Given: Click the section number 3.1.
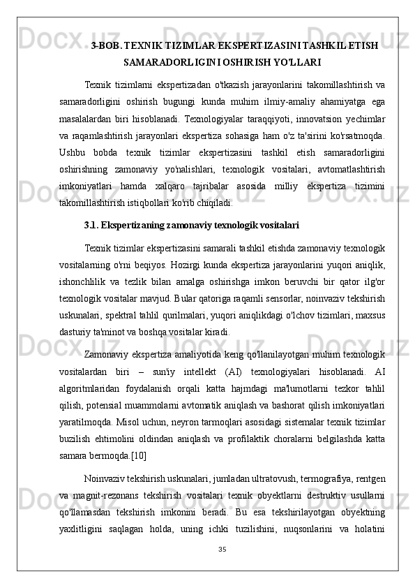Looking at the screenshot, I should pyautogui.click(x=91, y=226).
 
